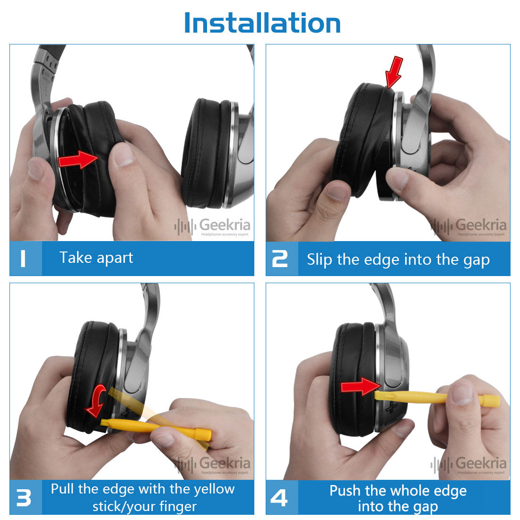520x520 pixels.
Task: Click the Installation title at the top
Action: coord(262,23)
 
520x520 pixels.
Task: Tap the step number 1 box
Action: coord(26,258)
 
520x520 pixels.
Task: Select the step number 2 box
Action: coord(282,259)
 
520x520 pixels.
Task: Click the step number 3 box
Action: coord(26,497)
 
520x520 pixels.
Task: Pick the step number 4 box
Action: coord(282,497)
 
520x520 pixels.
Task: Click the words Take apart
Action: coord(96,258)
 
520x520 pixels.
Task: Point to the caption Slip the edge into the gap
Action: coord(398,260)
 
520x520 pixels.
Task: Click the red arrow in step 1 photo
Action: coord(78,159)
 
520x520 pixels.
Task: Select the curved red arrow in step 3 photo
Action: coord(96,400)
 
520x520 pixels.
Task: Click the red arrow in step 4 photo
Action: coord(361,386)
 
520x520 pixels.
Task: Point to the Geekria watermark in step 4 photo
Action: coord(468,465)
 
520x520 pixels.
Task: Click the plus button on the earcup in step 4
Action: coord(391,407)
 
